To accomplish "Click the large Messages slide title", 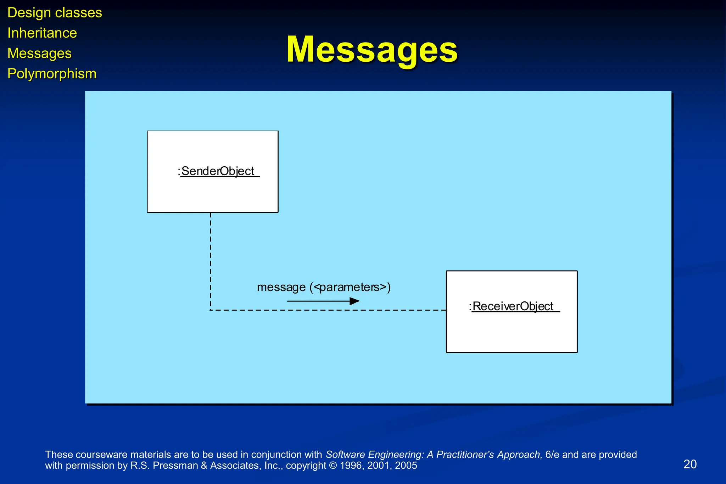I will click(x=372, y=50).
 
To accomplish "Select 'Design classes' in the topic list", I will click(x=55, y=13).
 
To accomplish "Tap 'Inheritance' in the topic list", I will click(x=42, y=33).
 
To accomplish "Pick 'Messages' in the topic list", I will click(x=39, y=53).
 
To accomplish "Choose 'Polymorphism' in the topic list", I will click(x=52, y=74).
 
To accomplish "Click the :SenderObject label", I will click(x=216, y=171).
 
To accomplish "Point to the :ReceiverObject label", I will click(x=511, y=306).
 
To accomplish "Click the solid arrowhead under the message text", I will click(x=354, y=301).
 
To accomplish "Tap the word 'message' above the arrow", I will click(x=281, y=287).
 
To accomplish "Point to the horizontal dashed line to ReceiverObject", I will click(x=328, y=310).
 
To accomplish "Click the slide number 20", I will click(x=690, y=464).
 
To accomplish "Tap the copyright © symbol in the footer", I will click(x=333, y=466).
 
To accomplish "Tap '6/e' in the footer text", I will click(x=552, y=455).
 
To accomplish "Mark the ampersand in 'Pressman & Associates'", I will click(x=204, y=466).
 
